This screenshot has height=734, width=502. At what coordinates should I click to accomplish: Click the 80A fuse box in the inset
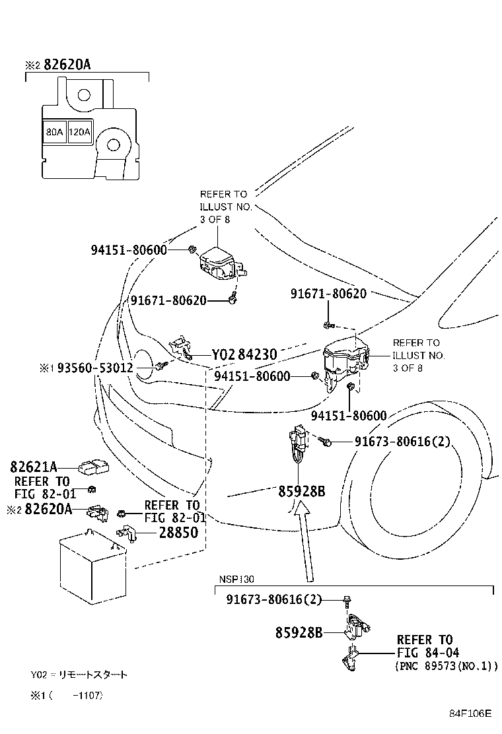54,132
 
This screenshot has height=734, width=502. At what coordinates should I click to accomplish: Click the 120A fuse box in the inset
79,132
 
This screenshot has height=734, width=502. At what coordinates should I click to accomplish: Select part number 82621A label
33,467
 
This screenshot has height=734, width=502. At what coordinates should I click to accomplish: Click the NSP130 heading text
236,579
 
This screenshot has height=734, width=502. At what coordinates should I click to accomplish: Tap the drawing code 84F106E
471,714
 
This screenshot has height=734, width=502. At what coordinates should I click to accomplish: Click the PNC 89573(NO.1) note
447,667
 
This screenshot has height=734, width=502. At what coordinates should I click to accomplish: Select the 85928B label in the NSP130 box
299,632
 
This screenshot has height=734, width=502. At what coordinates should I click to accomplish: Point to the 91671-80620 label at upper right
328,294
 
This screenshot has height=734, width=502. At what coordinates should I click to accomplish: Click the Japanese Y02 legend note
79,675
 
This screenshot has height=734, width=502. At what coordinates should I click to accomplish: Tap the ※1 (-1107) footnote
66,695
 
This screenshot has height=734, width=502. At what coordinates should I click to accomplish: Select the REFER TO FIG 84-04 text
425,646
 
